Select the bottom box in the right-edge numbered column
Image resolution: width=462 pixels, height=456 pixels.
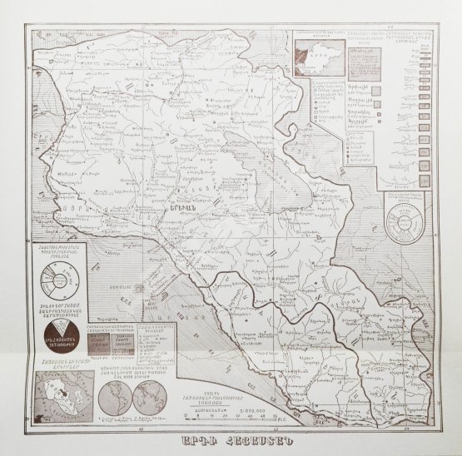(425, 167)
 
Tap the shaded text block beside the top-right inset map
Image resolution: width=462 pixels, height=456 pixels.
(364, 62)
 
